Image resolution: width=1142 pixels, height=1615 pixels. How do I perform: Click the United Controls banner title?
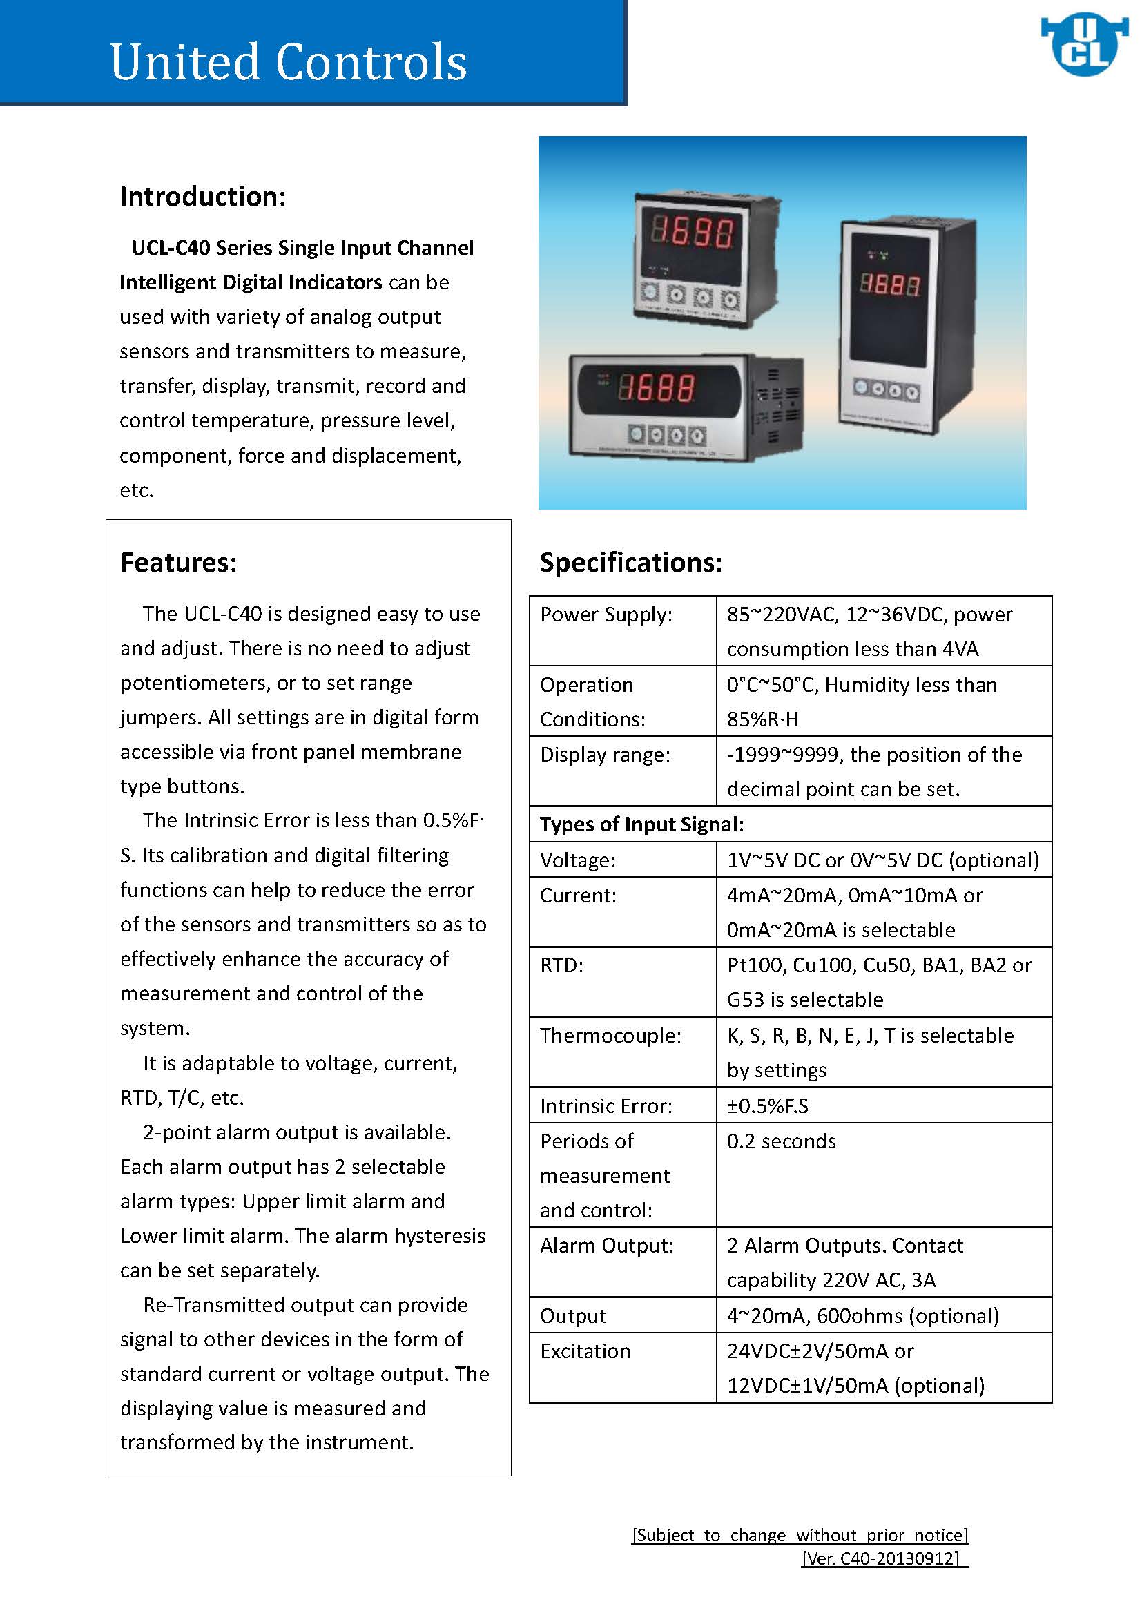(289, 62)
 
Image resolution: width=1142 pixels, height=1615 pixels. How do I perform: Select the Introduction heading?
(202, 196)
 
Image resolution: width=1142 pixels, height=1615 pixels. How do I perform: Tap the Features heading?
(179, 563)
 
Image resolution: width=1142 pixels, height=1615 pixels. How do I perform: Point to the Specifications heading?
(631, 563)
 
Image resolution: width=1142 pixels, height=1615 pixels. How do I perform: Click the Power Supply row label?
(606, 615)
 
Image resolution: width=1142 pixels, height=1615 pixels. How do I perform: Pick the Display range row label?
(605, 755)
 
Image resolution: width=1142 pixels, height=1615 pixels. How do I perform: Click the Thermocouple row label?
(610, 1036)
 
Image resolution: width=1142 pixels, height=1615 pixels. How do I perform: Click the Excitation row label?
(585, 1351)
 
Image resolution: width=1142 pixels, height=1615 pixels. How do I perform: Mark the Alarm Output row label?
(606, 1246)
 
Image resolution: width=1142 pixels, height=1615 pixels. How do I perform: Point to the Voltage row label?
(577, 860)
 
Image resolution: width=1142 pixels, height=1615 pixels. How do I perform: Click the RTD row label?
(561, 965)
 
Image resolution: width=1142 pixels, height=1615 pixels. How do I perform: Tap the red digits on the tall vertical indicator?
(890, 285)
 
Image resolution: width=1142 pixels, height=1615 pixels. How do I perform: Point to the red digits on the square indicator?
(692, 231)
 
